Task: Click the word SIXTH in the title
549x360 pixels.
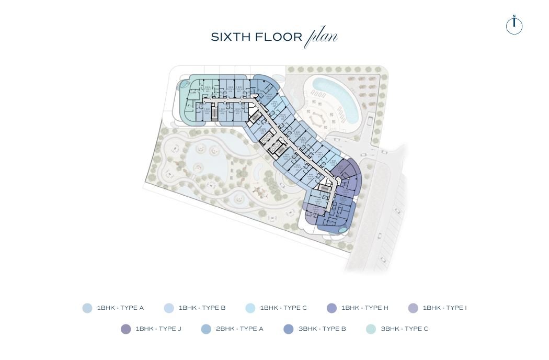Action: pos(230,37)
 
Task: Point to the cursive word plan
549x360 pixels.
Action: pos(321,37)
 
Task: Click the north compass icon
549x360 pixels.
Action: pos(514,26)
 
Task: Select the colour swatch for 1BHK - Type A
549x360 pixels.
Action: pos(87,308)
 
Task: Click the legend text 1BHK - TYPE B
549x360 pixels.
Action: pos(202,308)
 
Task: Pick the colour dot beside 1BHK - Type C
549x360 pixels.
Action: pos(250,308)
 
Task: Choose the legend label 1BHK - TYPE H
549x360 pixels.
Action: pos(364,308)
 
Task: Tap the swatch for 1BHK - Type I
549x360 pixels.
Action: pos(413,308)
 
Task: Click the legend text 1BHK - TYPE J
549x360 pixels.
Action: pos(158,329)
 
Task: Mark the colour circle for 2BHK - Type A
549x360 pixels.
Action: pos(206,329)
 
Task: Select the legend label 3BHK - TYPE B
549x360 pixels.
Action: pos(322,329)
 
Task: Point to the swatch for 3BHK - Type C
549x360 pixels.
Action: pos(371,329)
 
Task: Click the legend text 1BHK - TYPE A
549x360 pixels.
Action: pos(120,308)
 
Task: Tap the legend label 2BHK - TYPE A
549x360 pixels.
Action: pos(239,329)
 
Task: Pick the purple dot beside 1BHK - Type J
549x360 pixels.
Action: pos(125,329)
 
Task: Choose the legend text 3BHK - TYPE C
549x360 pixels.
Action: pos(404,329)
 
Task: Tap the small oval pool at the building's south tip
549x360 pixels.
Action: pos(342,229)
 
